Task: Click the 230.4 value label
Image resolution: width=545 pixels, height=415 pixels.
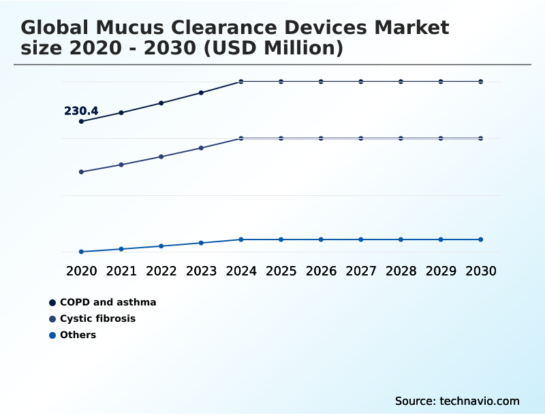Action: pyautogui.click(x=81, y=111)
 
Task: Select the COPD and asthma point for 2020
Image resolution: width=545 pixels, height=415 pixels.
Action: pyautogui.click(x=81, y=122)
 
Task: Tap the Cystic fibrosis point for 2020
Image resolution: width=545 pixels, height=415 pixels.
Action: pyautogui.click(x=81, y=172)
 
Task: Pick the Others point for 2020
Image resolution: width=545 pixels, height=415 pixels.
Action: pyautogui.click(x=81, y=252)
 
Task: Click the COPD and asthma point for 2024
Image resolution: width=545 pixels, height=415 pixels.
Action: pyautogui.click(x=241, y=82)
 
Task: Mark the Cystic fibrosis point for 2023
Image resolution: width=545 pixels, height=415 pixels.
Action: pyautogui.click(x=201, y=148)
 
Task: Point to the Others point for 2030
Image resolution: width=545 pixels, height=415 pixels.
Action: pyautogui.click(x=481, y=239)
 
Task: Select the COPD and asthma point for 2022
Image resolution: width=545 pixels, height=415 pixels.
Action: pyautogui.click(x=161, y=103)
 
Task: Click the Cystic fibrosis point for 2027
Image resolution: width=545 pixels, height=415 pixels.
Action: pyautogui.click(x=361, y=138)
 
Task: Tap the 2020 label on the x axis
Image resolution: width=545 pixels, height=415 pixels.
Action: pyautogui.click(x=81, y=271)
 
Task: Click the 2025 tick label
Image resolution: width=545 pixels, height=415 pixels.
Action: pyautogui.click(x=281, y=271)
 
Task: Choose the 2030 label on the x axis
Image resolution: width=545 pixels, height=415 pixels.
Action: pyautogui.click(x=481, y=271)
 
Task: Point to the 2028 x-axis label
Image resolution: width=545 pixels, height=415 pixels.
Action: pyautogui.click(x=401, y=271)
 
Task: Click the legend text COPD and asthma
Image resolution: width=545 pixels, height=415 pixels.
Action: pyautogui.click(x=108, y=302)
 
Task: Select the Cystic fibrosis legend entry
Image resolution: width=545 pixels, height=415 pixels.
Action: pyautogui.click(x=97, y=318)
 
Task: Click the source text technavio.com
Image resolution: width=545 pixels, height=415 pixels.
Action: pyautogui.click(x=480, y=401)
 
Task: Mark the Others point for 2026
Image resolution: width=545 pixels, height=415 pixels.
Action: pyautogui.click(x=321, y=239)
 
